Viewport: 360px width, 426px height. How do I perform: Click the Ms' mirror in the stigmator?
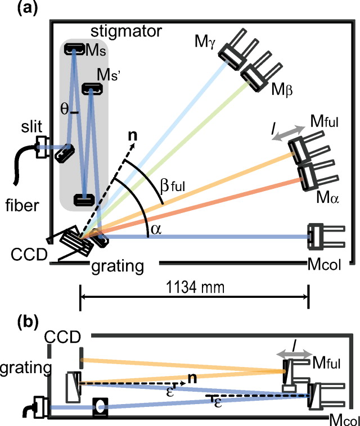(91, 88)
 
